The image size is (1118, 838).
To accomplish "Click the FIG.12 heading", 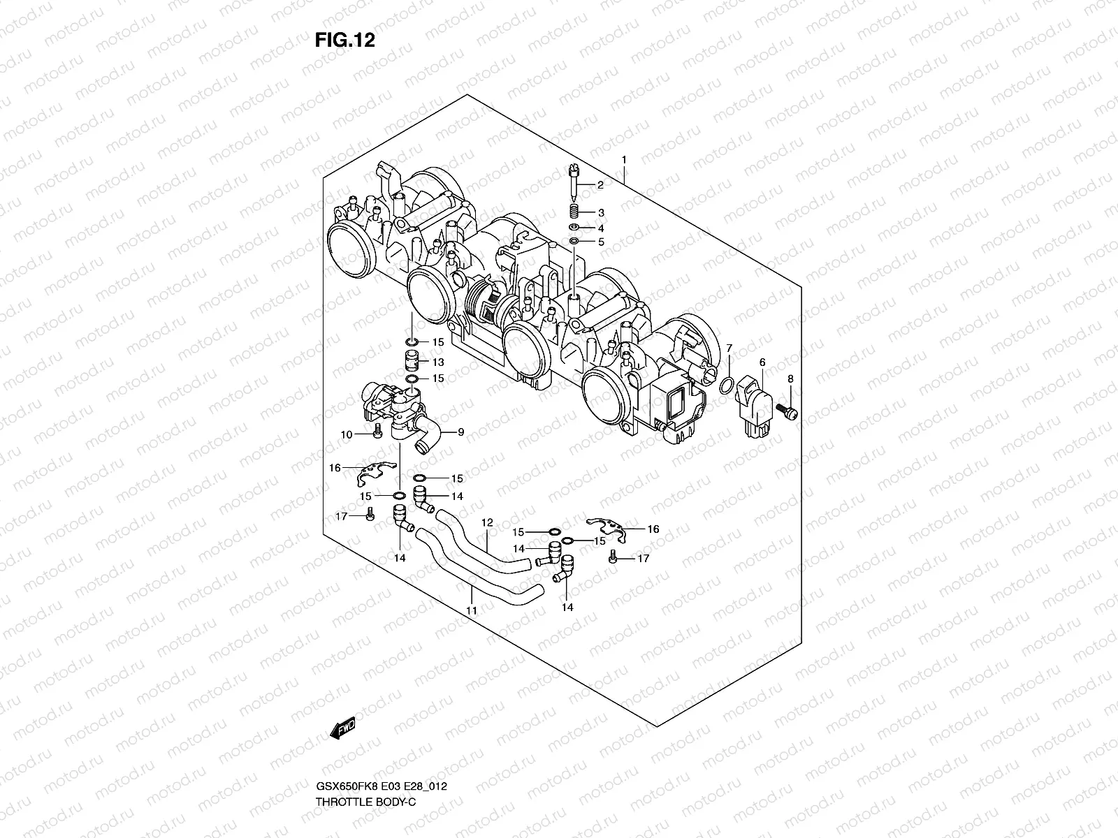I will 344,40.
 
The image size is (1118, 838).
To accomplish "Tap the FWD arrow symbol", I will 343,728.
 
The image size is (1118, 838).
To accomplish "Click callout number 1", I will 624,160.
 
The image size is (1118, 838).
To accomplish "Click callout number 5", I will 600,242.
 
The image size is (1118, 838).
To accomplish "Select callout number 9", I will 460,432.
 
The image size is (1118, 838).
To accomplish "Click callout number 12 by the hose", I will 487,522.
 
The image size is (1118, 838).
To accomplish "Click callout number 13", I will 437,362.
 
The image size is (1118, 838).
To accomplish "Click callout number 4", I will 600,228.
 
